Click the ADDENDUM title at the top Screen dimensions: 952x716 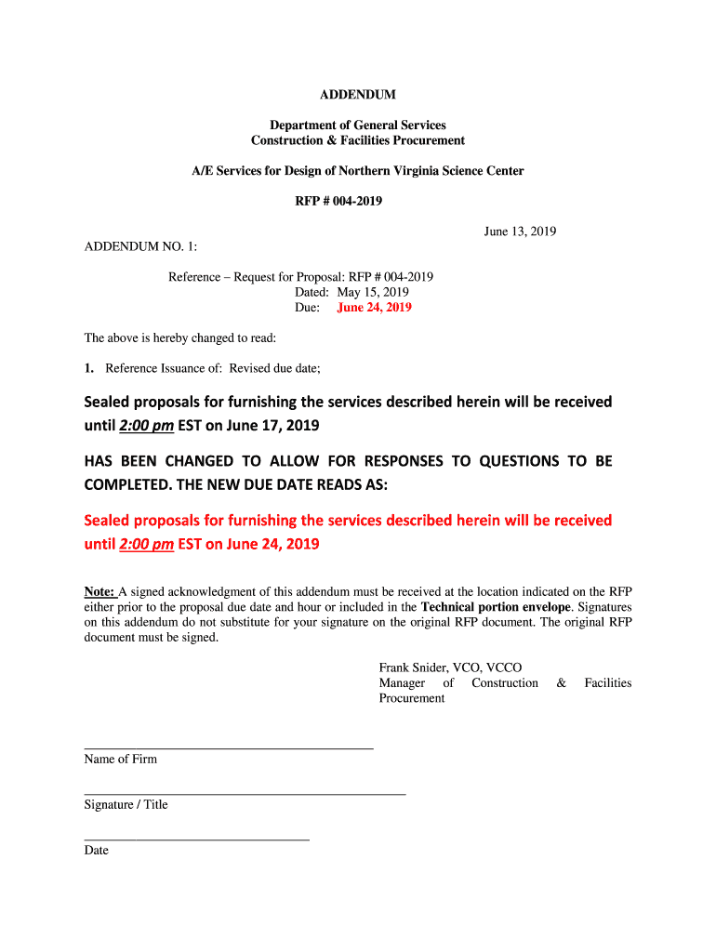358,95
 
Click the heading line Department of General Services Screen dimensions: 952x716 358,125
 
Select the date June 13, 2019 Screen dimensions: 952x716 520,231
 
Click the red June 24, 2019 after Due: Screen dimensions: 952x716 374,308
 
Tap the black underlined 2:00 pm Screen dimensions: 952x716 147,427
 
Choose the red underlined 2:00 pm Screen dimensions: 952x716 147,544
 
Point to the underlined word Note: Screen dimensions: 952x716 99,591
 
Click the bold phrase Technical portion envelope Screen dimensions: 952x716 489,607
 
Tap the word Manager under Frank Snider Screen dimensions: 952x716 402,683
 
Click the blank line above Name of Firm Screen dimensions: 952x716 228,747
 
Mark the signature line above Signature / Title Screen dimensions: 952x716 245,794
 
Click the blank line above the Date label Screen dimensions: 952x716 196,840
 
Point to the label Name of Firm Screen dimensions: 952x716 121,760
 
